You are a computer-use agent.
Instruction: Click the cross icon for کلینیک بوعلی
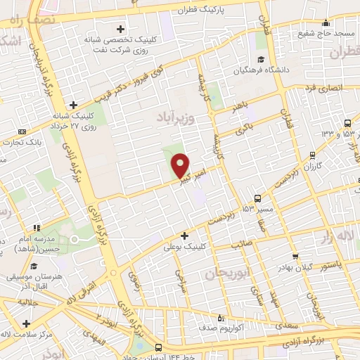(x=185, y=236)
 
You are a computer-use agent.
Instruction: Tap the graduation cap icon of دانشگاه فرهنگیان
(x=260, y=59)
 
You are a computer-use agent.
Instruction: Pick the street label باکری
(x=243, y=129)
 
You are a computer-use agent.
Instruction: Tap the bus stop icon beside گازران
(x=313, y=156)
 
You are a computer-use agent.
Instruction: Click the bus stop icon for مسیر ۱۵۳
(x=258, y=199)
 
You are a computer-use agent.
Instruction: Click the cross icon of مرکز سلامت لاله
(x=26, y=323)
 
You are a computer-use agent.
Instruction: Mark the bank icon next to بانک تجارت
(x=22, y=131)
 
